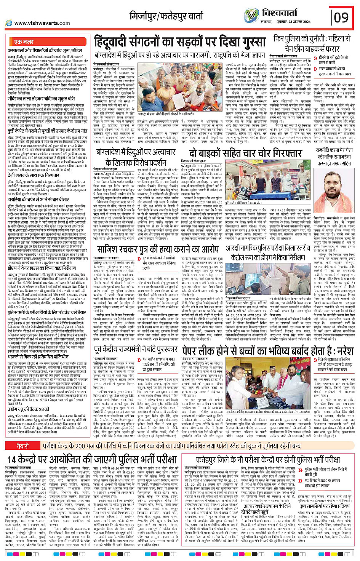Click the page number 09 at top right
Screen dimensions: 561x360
pos(341,18)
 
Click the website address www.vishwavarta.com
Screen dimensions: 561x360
pos(37,23)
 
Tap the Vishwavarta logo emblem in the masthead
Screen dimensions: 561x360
pos(251,16)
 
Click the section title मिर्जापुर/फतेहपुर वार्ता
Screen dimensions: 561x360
pos(167,16)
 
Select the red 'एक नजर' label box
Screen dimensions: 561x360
pos(24,42)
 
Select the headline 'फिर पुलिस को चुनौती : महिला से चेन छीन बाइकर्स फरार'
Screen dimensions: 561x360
pos(312,43)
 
